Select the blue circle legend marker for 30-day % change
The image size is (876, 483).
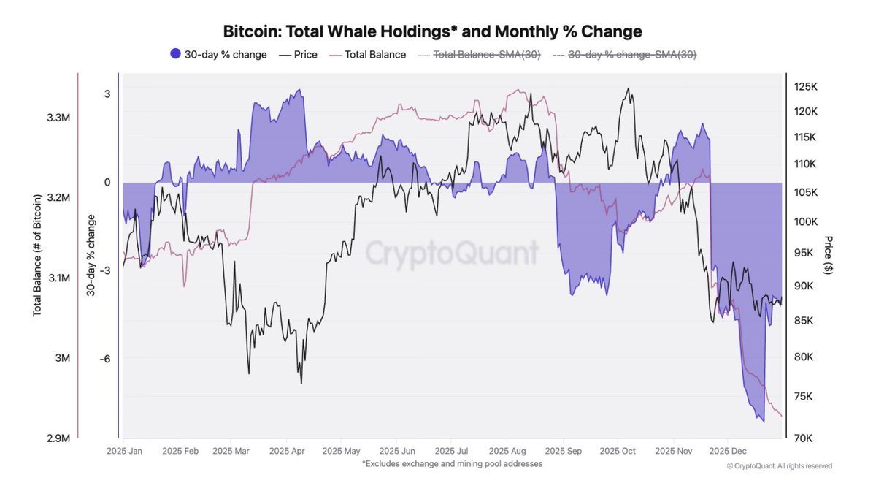(x=175, y=54)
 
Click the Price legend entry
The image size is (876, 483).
(x=299, y=54)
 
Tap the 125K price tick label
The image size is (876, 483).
(x=806, y=87)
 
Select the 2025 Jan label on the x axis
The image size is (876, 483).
(x=125, y=452)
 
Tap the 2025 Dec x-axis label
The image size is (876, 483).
(x=739, y=452)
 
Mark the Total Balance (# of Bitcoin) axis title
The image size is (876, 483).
(x=36, y=254)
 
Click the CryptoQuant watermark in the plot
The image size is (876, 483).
(x=451, y=254)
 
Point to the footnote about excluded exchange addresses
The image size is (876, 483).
(x=452, y=464)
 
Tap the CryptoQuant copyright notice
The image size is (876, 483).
(x=779, y=466)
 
